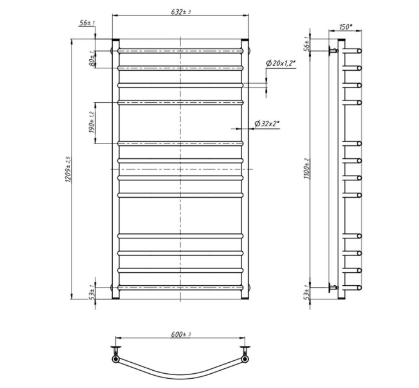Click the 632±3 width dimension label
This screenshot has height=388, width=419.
pyautogui.click(x=181, y=12)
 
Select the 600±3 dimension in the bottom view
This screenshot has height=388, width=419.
pyautogui.click(x=181, y=334)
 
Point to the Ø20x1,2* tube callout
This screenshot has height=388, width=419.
pyautogui.click(x=280, y=63)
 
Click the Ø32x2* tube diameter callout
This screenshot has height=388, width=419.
pyautogui.click(x=267, y=124)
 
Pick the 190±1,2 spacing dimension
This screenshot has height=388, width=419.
pyautogui.click(x=92, y=123)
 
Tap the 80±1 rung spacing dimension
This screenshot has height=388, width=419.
pyautogui.click(x=92, y=59)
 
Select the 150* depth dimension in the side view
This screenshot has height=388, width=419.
pyautogui.click(x=346, y=26)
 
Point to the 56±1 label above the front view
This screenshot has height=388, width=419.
pyautogui.click(x=87, y=23)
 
